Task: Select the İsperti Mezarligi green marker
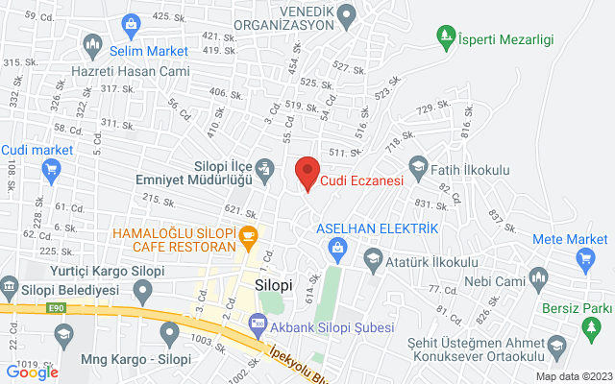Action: (x=446, y=38)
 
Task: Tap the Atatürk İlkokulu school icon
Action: (x=371, y=259)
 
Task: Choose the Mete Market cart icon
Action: (x=584, y=258)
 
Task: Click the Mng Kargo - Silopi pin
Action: (x=169, y=335)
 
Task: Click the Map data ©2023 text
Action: (x=573, y=376)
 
